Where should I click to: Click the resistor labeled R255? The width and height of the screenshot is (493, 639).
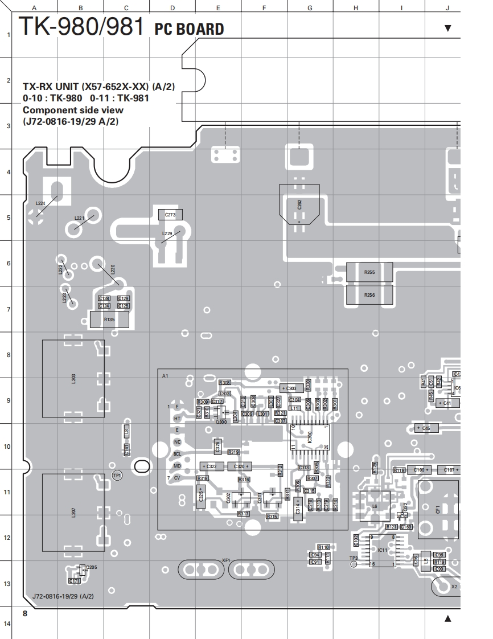click(x=369, y=272)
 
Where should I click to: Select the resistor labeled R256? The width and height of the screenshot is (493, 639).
click(x=369, y=295)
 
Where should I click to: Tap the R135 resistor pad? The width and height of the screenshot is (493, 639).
click(x=109, y=320)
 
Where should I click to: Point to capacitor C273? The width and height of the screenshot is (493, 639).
click(x=170, y=215)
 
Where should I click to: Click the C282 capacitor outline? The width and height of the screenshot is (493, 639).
click(x=299, y=204)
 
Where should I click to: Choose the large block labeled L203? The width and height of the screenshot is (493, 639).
click(x=74, y=379)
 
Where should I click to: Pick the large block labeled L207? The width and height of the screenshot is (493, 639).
click(x=74, y=511)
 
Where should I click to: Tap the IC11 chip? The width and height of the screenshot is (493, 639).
click(x=383, y=550)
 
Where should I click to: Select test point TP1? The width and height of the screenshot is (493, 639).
click(x=117, y=475)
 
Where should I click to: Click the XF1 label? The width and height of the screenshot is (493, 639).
click(x=226, y=560)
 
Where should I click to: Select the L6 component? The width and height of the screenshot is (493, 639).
click(x=374, y=506)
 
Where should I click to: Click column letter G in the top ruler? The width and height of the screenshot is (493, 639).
click(x=310, y=8)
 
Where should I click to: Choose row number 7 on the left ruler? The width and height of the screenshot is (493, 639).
click(x=8, y=309)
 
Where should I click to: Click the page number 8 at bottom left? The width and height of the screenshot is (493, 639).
click(x=25, y=613)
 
